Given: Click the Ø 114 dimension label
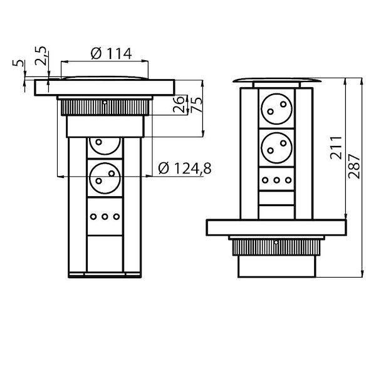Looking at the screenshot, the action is click(x=112, y=53).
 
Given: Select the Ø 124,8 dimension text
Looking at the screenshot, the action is click(x=185, y=168).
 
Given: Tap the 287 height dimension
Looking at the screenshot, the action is click(x=354, y=166).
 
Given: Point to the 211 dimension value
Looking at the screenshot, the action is click(x=336, y=148).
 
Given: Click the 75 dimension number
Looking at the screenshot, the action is click(x=197, y=104).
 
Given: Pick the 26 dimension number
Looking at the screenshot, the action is click(x=179, y=104).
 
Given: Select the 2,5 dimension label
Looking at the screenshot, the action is click(x=41, y=56).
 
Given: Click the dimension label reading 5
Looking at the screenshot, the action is click(x=18, y=63).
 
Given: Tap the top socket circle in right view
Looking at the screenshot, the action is click(x=277, y=108).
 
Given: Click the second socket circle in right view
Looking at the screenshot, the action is click(x=277, y=147).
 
